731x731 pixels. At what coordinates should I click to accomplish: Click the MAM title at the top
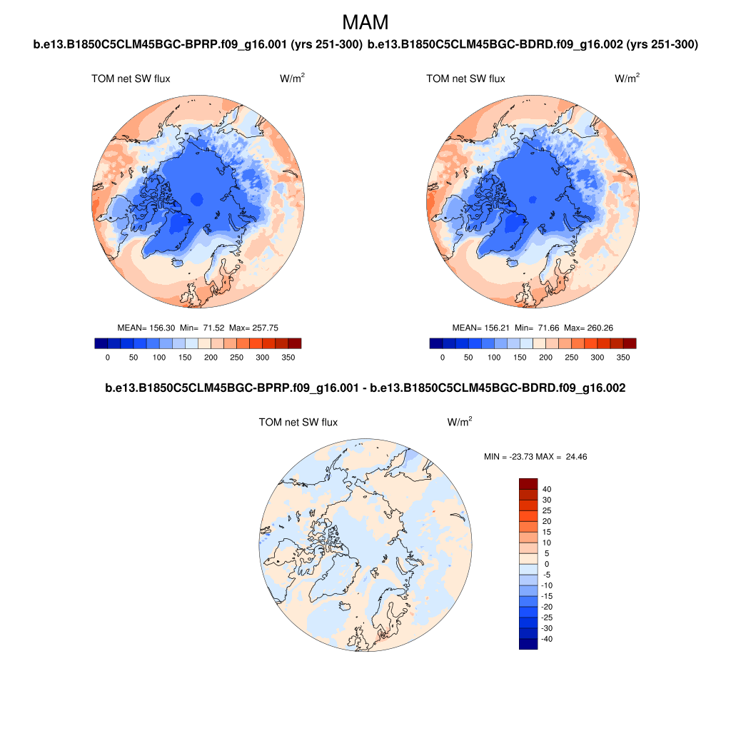coord(365,22)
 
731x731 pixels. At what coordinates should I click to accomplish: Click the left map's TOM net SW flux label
coord(131,79)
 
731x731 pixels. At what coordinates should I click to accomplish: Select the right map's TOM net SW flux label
coord(465,79)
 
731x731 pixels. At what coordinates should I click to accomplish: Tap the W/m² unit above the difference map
coord(460,423)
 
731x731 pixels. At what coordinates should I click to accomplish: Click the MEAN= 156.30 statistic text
coord(148,328)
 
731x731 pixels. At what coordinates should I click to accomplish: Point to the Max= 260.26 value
coord(588,328)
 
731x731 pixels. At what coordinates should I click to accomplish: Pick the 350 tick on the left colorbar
coord(288,357)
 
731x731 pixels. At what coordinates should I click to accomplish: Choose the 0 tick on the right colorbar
coord(443,357)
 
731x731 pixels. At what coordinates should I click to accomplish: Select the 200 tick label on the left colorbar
coord(185,357)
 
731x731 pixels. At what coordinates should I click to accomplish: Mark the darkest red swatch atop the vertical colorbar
coord(528,484)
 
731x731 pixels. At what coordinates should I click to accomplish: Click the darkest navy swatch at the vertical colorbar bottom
coord(528,644)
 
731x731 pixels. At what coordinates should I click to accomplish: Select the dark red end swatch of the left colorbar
coord(295,343)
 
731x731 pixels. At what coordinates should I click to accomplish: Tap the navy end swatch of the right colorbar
coord(435,343)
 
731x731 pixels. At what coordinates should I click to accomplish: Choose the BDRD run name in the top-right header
coord(533,45)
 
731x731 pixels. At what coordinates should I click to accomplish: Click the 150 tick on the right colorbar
coord(520,357)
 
